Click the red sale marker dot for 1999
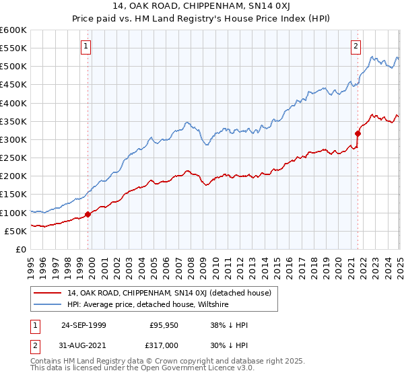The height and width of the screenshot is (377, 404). pyautogui.click(x=88, y=215)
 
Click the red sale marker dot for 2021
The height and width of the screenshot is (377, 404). pyautogui.click(x=358, y=133)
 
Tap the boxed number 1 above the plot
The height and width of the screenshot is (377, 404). pyautogui.click(x=87, y=46)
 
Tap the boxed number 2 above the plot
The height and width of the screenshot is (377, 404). pyautogui.click(x=355, y=46)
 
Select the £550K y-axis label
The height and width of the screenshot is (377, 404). pyautogui.click(x=13, y=48)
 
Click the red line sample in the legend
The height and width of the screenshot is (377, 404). pyautogui.click(x=48, y=293)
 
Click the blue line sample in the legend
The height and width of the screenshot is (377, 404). pyautogui.click(x=48, y=304)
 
